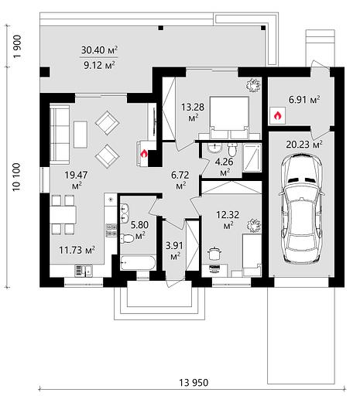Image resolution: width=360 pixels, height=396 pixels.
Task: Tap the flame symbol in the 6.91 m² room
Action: (277, 115)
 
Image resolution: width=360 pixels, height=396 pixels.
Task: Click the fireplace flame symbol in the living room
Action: (144, 154)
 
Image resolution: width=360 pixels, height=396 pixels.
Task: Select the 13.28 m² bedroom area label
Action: (193, 111)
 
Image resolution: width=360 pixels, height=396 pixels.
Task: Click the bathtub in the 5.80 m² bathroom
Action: (138, 262)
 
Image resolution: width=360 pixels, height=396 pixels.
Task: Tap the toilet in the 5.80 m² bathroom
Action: (126, 238)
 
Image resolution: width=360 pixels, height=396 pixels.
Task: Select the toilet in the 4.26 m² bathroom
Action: (232, 150)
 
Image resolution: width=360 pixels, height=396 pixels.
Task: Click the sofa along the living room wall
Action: (60, 134)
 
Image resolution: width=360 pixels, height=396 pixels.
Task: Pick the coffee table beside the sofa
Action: (81, 135)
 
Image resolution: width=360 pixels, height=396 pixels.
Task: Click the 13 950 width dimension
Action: (194, 382)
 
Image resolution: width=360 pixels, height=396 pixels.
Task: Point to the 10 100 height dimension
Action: (16, 176)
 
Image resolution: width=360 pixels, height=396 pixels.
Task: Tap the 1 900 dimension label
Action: (17, 46)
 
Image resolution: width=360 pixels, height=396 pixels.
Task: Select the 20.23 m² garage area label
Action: (304, 145)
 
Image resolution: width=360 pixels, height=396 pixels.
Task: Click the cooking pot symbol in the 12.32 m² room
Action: (214, 254)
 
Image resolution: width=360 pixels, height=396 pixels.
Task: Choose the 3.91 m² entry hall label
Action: (174, 251)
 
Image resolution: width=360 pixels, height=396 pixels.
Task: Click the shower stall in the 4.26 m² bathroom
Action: (252, 158)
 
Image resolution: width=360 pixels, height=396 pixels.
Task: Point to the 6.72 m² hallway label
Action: (180, 180)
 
